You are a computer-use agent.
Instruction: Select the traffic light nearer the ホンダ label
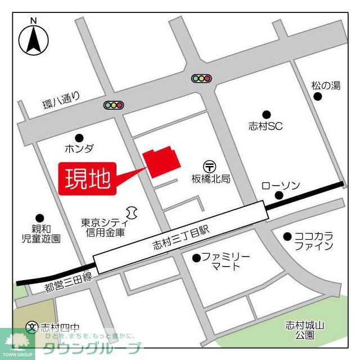(x=114, y=105)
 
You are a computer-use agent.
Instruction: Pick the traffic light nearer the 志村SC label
(x=201, y=79)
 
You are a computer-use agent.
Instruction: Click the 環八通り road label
(x=61, y=102)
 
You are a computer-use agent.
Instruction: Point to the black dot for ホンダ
(x=79, y=137)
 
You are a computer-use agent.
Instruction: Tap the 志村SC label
(x=265, y=127)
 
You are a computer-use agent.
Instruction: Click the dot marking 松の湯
(x=318, y=97)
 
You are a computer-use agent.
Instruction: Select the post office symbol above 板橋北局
(x=210, y=166)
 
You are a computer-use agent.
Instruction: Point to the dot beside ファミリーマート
(x=196, y=258)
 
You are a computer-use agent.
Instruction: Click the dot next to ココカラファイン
(x=287, y=236)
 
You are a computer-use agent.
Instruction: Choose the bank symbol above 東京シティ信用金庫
(x=132, y=211)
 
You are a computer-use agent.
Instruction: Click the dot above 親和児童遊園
(x=39, y=218)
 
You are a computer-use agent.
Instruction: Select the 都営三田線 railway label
(x=67, y=285)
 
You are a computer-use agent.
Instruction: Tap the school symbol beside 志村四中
(x=33, y=327)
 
